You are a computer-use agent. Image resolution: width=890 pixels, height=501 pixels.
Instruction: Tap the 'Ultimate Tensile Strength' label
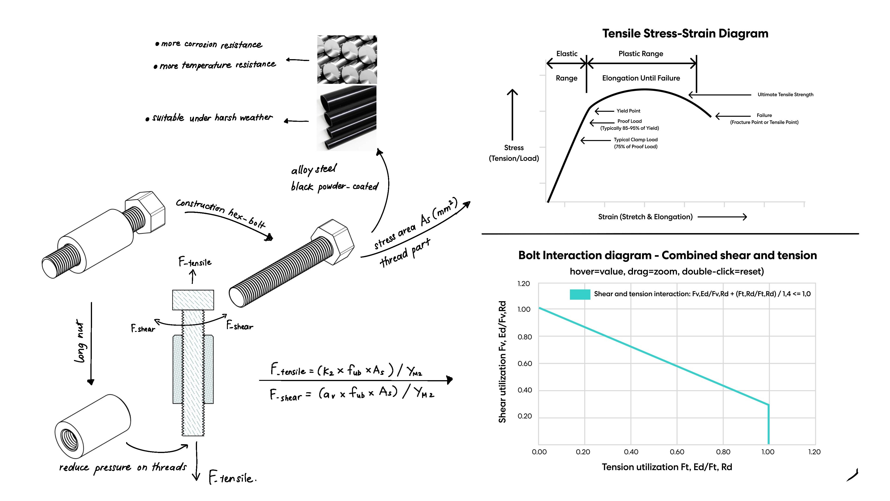(785, 95)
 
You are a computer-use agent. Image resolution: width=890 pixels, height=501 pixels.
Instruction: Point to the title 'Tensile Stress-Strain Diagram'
(685, 34)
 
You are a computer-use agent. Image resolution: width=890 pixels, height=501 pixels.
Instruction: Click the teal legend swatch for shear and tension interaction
(580, 294)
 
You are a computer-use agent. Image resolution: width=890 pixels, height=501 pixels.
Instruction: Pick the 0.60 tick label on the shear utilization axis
(524, 363)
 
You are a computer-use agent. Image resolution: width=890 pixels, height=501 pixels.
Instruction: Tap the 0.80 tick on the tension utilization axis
(723, 452)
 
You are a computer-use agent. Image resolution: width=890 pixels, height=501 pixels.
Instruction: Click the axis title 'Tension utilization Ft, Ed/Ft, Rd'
(667, 467)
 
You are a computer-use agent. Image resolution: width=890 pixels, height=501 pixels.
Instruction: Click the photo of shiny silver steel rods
(347, 59)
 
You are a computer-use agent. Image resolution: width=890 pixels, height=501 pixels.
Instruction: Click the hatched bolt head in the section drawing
(193, 299)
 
